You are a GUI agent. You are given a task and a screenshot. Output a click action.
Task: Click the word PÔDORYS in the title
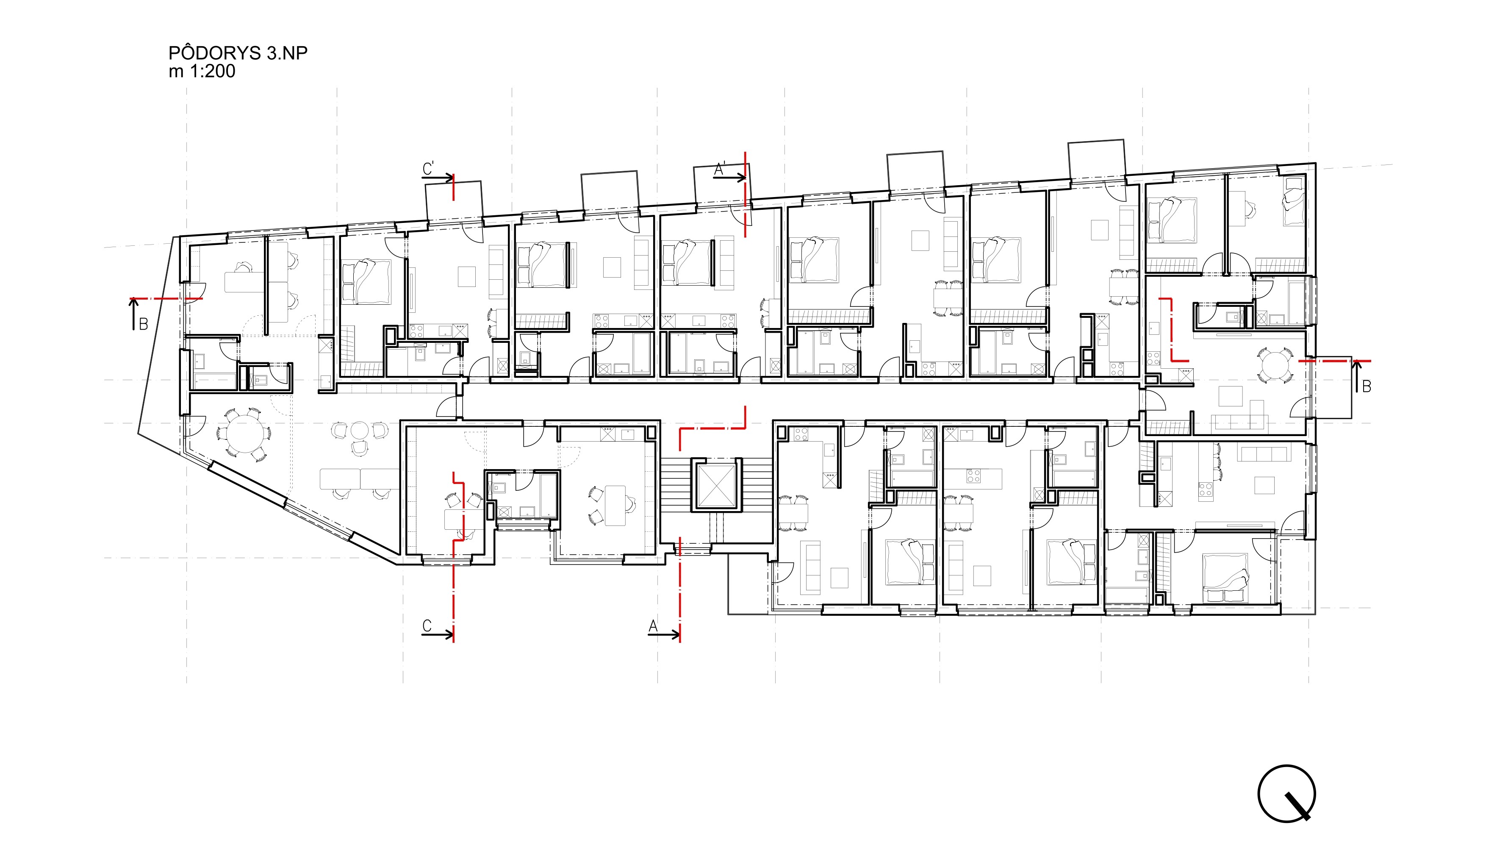point(215,53)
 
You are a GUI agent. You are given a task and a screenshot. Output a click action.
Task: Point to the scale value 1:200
point(213,71)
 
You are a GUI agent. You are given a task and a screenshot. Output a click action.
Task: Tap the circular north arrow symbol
point(1286,793)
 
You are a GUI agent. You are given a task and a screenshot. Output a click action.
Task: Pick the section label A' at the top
point(719,169)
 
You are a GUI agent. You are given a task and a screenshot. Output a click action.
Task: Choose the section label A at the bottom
point(653,626)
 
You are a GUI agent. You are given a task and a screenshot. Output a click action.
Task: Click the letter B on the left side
point(143,324)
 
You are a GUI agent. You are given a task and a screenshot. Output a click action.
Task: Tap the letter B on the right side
point(1367,386)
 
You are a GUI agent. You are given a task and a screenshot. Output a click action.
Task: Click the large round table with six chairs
point(244,434)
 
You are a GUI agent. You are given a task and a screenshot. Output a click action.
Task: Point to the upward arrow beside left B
point(134,314)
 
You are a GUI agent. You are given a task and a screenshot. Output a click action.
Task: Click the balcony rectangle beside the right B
point(1333,387)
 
